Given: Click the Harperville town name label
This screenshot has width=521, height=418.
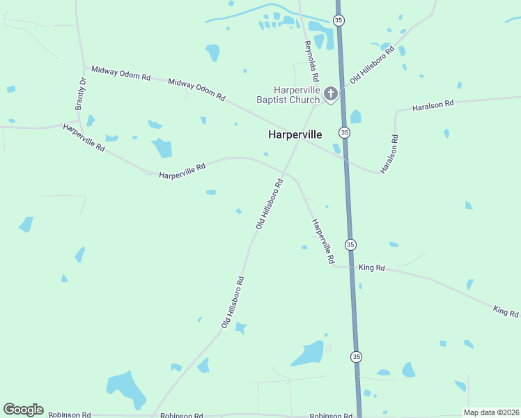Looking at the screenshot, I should pos(295,135).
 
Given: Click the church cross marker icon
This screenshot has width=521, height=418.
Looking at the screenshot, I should pos(331,93).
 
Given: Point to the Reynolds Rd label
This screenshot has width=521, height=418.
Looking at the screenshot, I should pos(311,61).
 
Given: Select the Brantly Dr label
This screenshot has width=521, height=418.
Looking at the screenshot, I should pos(81,94).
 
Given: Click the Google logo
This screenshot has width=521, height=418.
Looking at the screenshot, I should pos(23,409).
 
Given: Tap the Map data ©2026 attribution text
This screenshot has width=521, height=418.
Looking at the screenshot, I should pos(491,412).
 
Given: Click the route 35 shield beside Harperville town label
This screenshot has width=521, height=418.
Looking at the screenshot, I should pos(345,132).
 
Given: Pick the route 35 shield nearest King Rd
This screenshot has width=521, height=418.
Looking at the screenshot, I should pos(350,245).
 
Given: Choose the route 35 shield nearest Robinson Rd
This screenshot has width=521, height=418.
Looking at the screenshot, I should pos(356,357).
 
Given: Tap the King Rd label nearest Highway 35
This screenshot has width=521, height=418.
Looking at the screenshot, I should pos(371,268).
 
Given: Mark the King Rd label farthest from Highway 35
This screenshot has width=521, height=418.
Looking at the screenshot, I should pos(506,310).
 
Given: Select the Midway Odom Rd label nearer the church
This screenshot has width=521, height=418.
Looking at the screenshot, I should pos(197,89).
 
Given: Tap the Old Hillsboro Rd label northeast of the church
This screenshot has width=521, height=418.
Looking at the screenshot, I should pos(372,65).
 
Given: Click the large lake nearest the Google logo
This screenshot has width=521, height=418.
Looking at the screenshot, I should pos(125,388).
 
